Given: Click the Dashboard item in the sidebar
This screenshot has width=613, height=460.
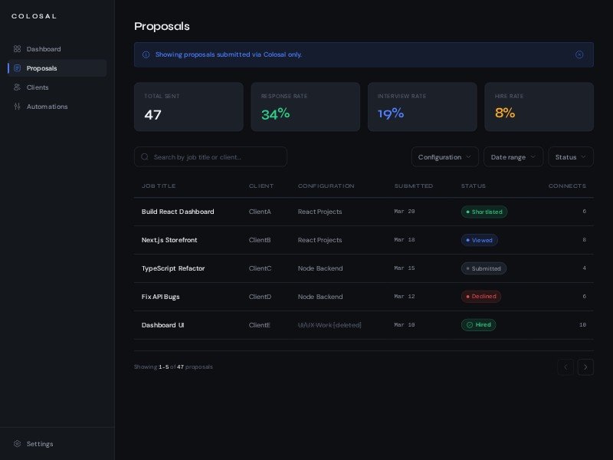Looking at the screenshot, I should (x=44, y=49).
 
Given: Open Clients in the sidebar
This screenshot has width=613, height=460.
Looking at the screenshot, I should (x=38, y=87).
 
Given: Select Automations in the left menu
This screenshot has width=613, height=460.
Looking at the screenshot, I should (x=47, y=107).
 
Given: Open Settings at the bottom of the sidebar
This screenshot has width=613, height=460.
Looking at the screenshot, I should (x=40, y=444).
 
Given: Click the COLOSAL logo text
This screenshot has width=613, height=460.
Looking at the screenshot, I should (x=34, y=16).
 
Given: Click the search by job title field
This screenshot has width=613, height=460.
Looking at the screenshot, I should (x=211, y=157).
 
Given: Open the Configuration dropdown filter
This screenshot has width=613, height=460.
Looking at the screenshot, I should (x=444, y=157).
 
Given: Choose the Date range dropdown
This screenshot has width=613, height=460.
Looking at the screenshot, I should (x=513, y=157).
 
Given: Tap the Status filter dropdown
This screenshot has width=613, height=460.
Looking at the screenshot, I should (x=570, y=157).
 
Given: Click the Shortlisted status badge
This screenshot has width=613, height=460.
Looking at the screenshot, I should (x=484, y=212).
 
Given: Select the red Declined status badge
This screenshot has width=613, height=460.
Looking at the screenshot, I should (x=481, y=297).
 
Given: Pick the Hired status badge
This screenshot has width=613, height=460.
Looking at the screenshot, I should (x=479, y=325).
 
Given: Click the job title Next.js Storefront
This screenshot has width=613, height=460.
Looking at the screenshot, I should (x=169, y=240).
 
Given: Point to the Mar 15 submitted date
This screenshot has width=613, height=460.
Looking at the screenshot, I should (x=405, y=268).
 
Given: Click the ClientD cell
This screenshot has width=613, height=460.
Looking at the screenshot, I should (x=260, y=297).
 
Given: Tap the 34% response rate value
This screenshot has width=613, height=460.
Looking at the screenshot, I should (x=275, y=114).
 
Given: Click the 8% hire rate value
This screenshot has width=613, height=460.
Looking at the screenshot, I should (x=505, y=113).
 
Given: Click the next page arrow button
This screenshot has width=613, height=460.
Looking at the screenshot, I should (x=585, y=367).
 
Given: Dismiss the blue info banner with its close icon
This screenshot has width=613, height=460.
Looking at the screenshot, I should (x=579, y=54).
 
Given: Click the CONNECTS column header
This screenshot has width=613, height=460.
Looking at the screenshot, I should (x=567, y=186).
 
